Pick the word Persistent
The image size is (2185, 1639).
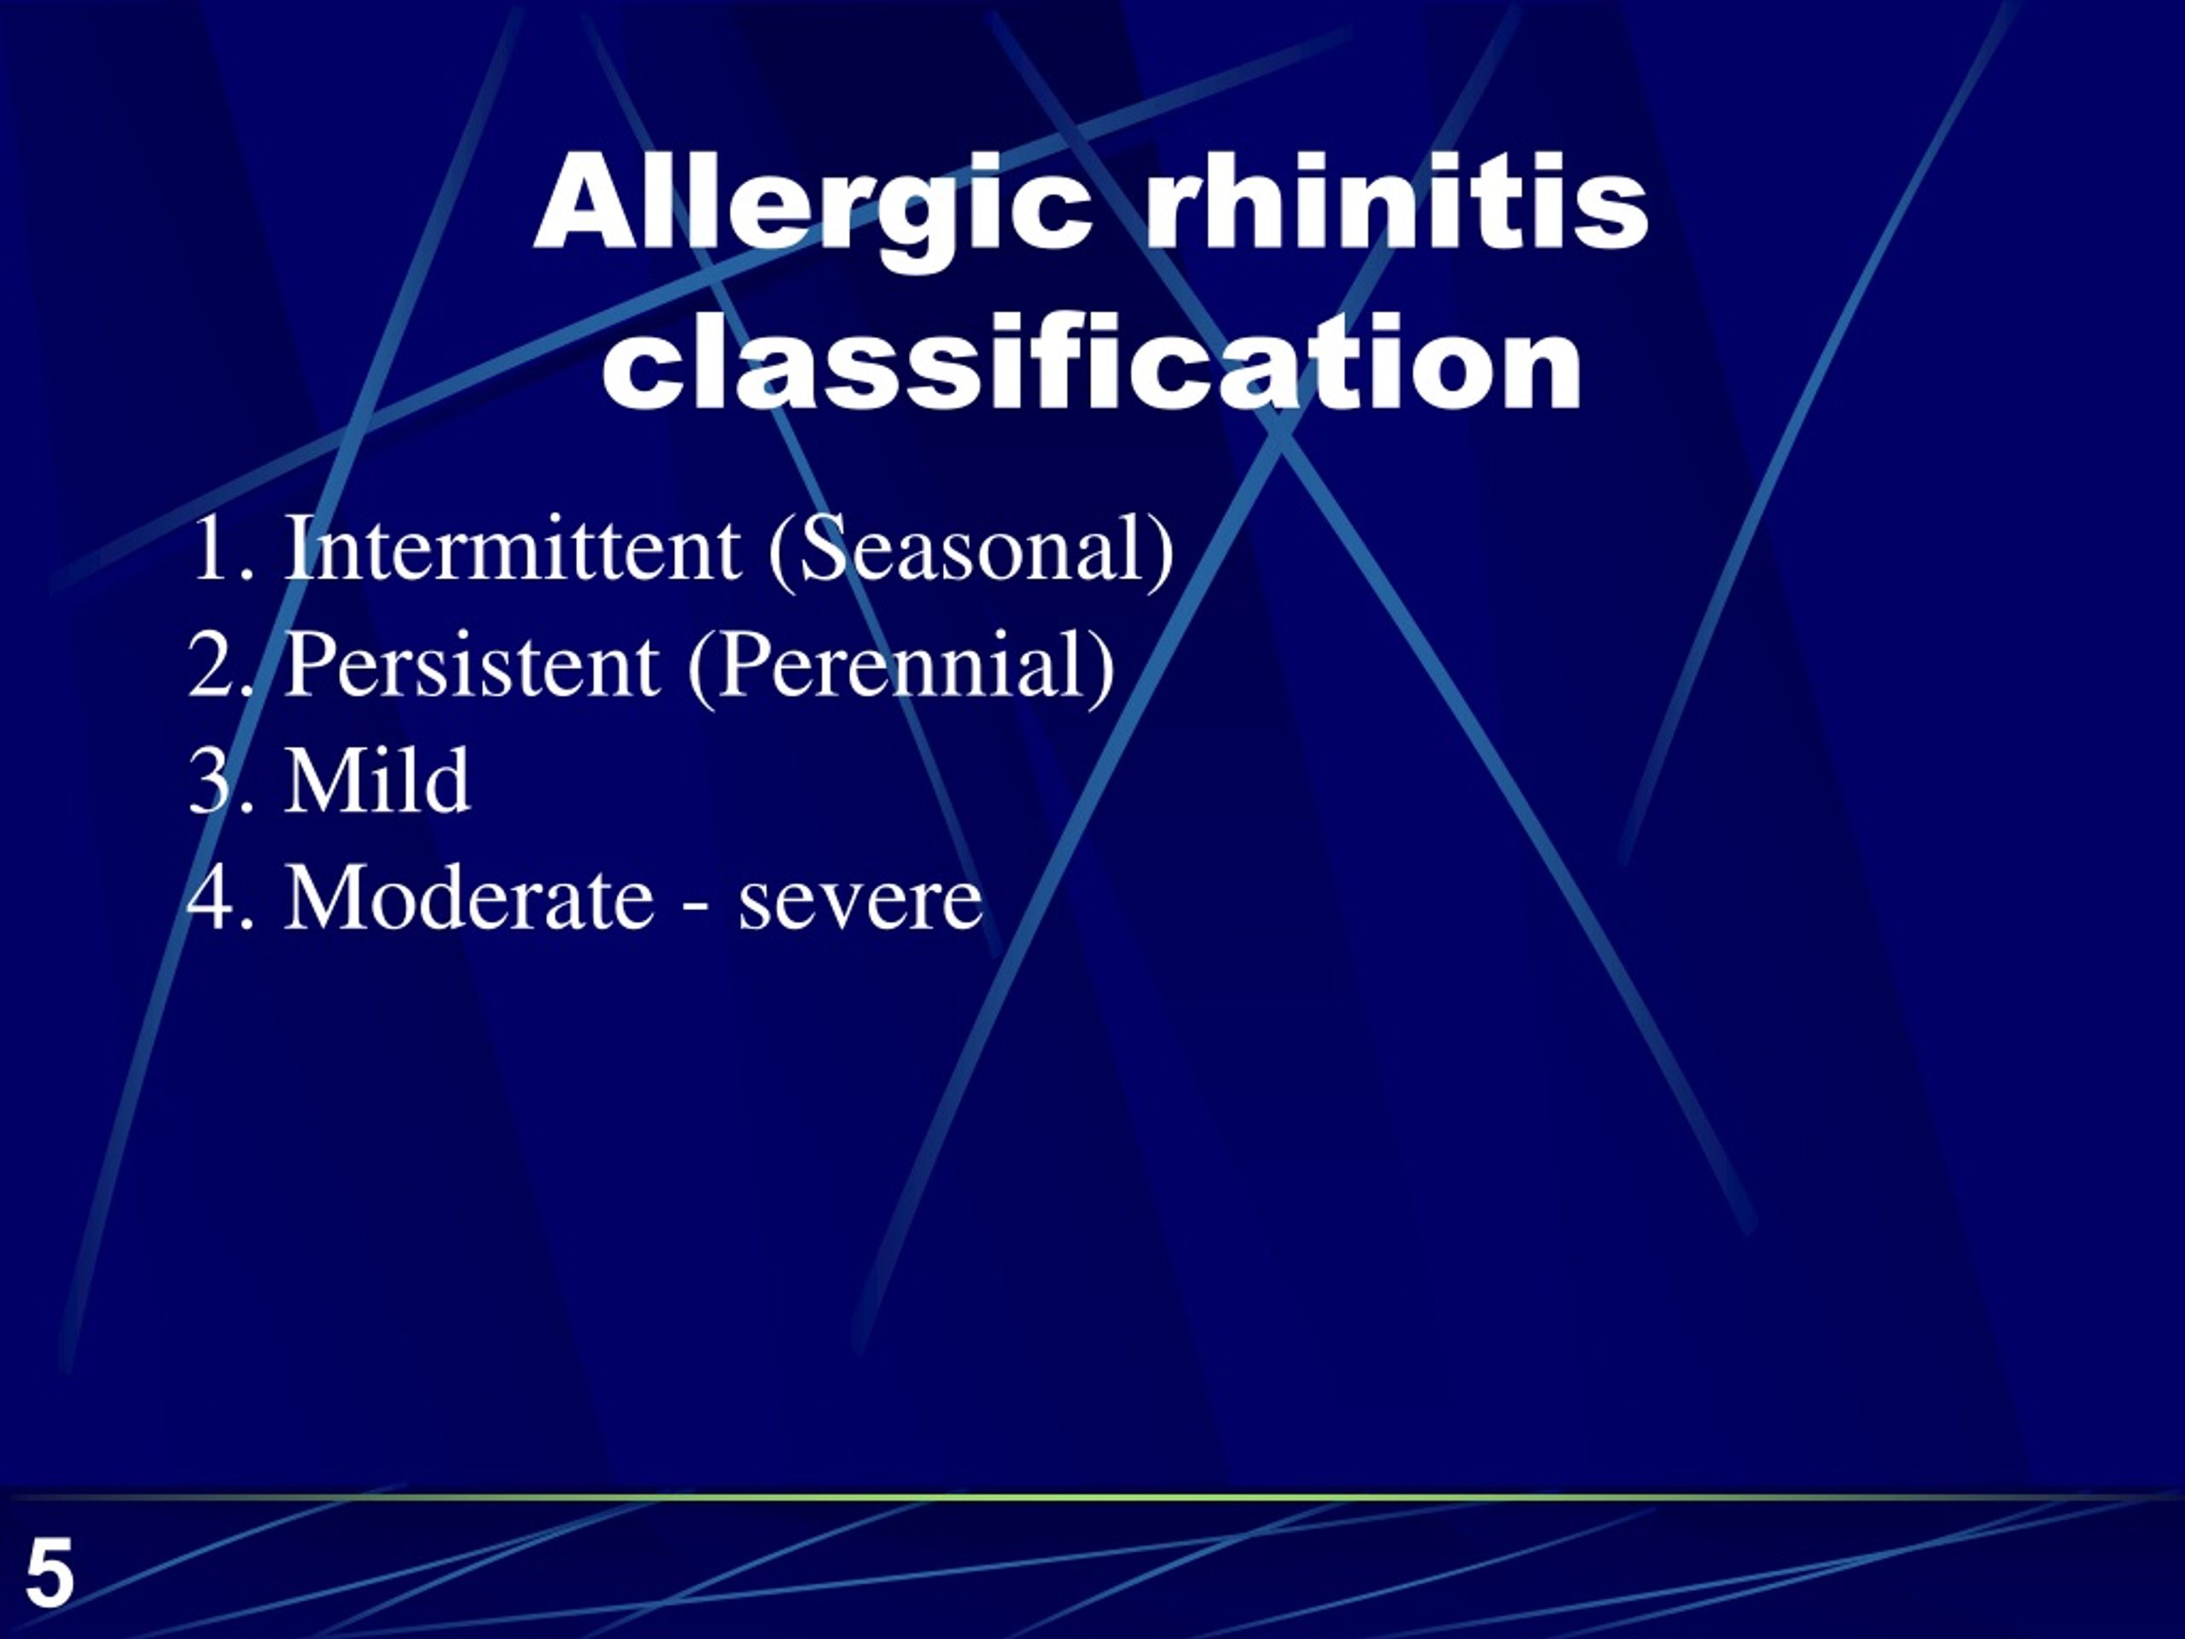pos(472,666)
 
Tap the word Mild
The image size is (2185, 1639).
pos(377,781)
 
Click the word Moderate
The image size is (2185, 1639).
pos(469,898)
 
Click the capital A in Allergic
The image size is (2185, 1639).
pos(583,203)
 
